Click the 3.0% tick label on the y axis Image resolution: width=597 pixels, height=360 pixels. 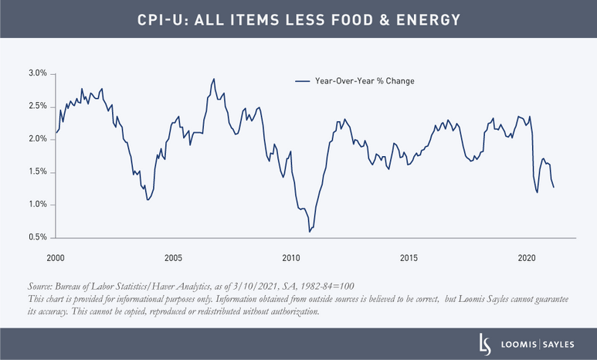pos(37,73)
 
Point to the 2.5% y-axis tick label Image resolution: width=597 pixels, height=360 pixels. pos(37,106)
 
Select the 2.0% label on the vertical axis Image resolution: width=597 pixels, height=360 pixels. pos(37,139)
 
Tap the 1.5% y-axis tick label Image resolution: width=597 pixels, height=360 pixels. pos(37,172)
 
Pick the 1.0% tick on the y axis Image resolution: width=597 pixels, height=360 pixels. pos(37,205)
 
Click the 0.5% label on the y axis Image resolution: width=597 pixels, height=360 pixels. pos(37,237)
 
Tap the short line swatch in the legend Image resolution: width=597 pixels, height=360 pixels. pos(303,80)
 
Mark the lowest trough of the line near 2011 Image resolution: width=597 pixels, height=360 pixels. pos(310,231)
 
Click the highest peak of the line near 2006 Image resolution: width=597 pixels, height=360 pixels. pos(214,78)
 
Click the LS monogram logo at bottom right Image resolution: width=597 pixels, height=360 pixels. pos(484,344)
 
